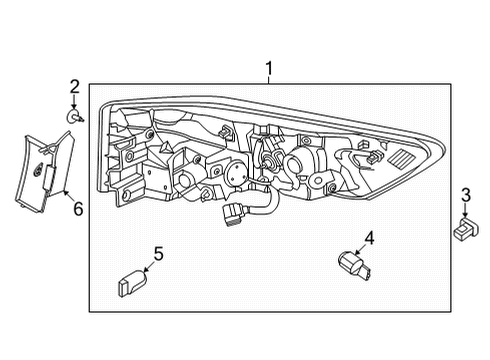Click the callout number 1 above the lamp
coord(268,68)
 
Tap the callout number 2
coord(74,86)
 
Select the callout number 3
coord(465,194)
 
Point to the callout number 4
coord(369,238)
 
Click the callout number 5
coord(157,253)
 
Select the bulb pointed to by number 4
coord(351,265)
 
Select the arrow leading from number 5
coord(146,266)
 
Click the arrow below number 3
coord(465,212)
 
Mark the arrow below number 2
coord(74,103)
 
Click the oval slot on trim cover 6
coord(44,172)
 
